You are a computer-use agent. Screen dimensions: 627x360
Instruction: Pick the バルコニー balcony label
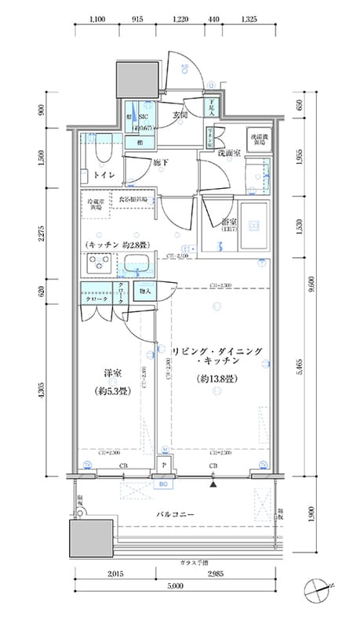tap(173, 514)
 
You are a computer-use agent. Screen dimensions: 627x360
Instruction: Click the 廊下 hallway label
tap(160, 162)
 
